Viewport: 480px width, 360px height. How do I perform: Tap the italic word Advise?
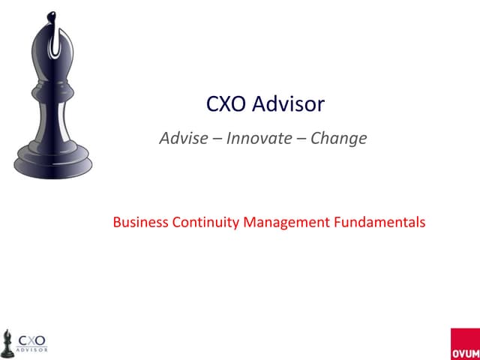[180, 139]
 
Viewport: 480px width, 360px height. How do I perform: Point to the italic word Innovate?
[255, 139]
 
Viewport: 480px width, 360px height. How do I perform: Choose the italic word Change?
[339, 139]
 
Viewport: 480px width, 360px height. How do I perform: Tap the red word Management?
[280, 222]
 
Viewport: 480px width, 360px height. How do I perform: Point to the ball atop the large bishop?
[51, 16]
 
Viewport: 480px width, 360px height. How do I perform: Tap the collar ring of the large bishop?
[52, 93]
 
